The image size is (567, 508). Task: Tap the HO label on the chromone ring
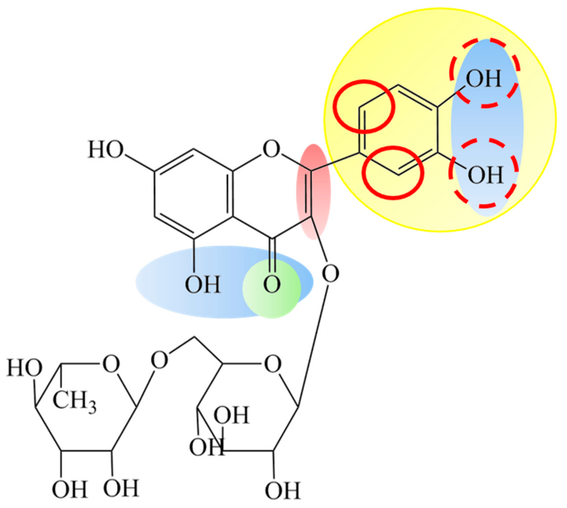pyautogui.click(x=105, y=150)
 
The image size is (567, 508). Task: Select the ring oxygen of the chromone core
pyautogui.click(x=271, y=149)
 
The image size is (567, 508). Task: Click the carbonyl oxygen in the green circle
pyautogui.click(x=272, y=284)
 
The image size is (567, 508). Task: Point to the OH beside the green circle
pyautogui.click(x=203, y=285)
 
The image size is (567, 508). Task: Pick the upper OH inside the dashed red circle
pyautogui.click(x=483, y=79)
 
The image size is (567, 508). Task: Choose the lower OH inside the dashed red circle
pyautogui.click(x=485, y=175)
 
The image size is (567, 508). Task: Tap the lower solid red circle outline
pyautogui.click(x=366, y=173)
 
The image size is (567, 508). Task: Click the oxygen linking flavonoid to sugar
pyautogui.click(x=330, y=274)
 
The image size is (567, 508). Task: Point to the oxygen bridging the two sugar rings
pyautogui.click(x=159, y=360)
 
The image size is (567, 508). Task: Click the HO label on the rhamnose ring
pyautogui.click(x=24, y=368)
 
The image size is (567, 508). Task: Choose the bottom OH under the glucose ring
pyautogui.click(x=282, y=490)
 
